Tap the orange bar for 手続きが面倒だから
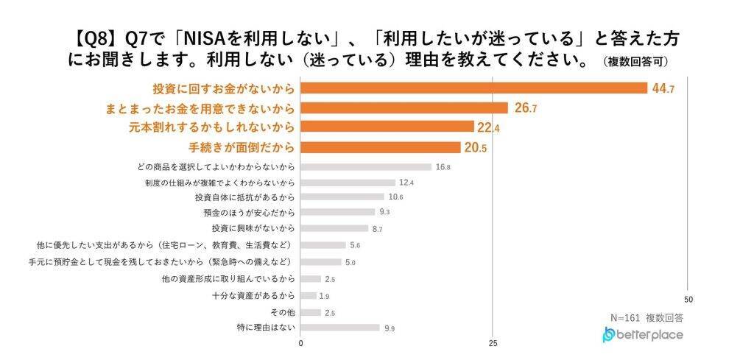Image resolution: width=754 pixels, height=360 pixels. (380, 147)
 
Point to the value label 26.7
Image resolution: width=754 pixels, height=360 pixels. (525, 108)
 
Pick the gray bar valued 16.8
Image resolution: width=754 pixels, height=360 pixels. (366, 167)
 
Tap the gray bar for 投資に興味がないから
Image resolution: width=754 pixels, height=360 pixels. (334, 228)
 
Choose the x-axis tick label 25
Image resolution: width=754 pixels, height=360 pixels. (494, 343)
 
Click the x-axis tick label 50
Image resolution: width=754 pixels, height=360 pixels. (688, 300)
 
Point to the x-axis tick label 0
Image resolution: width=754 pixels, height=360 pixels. (301, 343)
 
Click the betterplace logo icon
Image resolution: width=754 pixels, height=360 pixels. (608, 335)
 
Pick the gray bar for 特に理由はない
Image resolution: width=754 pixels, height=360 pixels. (339, 328)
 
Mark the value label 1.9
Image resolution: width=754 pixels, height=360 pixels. (324, 296)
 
